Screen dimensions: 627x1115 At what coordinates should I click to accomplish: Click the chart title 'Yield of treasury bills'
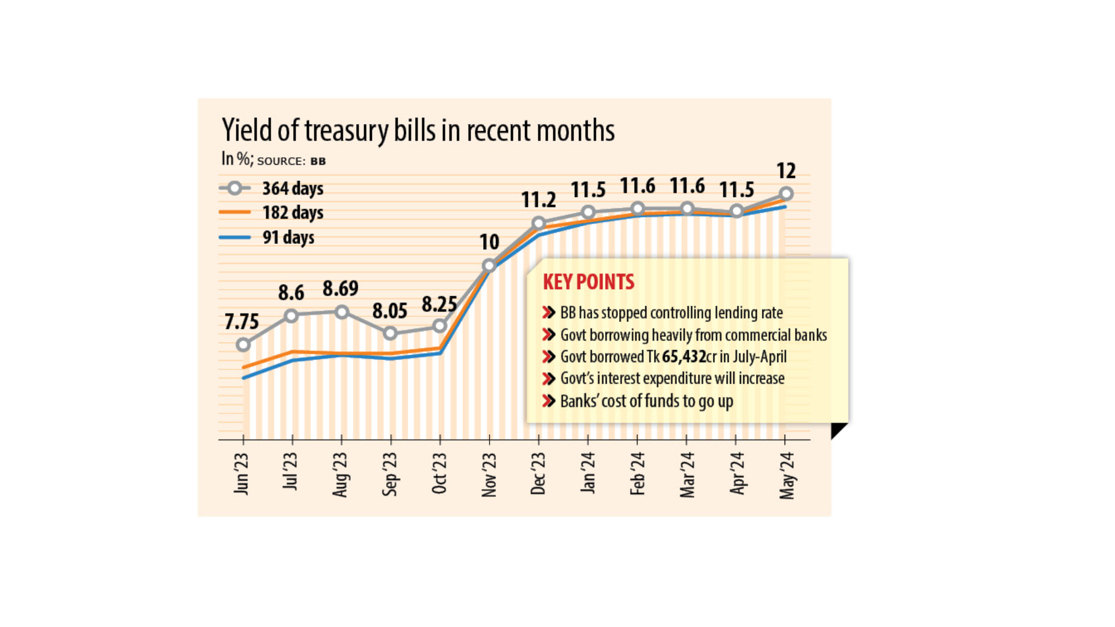coord(418,130)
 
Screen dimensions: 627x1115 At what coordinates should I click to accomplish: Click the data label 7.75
coord(242,321)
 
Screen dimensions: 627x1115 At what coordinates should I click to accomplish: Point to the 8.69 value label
coord(340,288)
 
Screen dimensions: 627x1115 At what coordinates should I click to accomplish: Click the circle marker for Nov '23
coord(489,265)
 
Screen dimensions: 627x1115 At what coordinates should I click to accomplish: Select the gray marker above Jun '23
coord(243,345)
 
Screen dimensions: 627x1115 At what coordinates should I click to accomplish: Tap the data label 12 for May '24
coord(786,171)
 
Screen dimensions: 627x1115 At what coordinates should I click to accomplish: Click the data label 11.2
coord(538,200)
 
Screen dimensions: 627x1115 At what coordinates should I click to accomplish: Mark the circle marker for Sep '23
coord(391,333)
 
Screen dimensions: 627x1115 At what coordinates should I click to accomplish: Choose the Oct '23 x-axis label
coord(440,473)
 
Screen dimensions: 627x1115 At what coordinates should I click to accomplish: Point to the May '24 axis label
coord(786,475)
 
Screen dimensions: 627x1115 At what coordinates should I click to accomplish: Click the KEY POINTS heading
coord(588,282)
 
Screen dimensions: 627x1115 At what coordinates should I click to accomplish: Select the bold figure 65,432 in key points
coord(684,356)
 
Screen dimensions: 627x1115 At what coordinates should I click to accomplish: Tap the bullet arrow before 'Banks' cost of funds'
coord(548,401)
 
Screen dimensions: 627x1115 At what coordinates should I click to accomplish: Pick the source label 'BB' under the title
coord(318,161)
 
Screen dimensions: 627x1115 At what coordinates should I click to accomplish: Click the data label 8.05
coord(390,311)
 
